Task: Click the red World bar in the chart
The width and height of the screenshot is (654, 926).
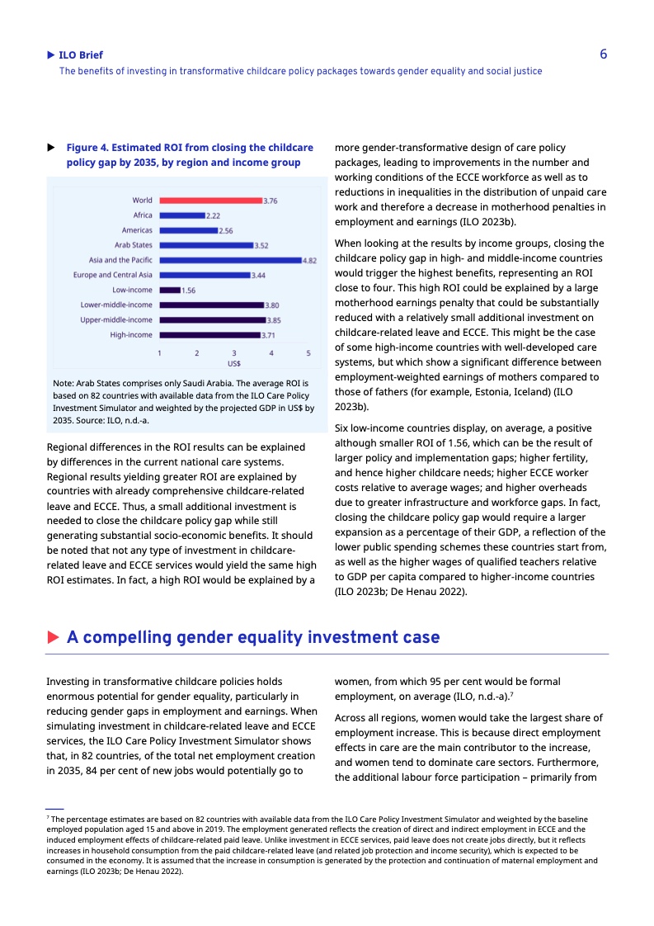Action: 210,201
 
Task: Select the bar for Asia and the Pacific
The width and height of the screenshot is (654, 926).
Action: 230,260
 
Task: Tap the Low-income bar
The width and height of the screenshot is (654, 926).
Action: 170,290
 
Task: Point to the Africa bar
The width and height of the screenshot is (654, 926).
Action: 181,215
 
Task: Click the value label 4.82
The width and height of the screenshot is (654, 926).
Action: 309,260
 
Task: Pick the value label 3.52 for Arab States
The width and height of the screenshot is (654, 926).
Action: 261,245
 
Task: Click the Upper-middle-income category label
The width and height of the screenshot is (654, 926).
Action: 116,319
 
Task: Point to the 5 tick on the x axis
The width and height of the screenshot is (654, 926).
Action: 308,352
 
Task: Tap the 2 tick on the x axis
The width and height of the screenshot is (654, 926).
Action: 197,352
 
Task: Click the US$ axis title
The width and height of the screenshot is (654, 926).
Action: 234,362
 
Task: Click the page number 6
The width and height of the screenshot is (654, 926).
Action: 603,54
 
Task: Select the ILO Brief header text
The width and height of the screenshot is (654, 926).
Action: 81,55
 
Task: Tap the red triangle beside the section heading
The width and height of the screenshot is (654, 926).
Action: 53,637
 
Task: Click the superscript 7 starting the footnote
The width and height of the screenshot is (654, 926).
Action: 48,816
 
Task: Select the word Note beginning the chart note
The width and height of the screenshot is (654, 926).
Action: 63,384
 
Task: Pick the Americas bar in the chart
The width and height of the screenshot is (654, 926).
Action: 188,230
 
